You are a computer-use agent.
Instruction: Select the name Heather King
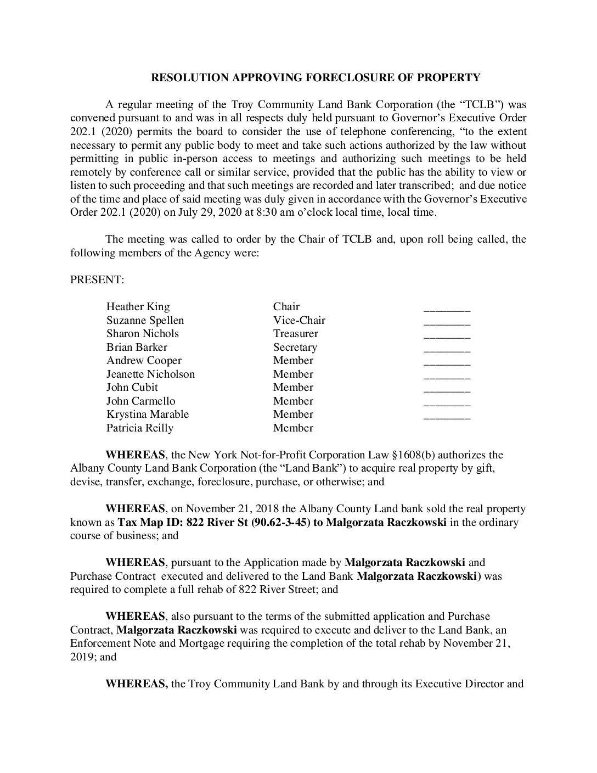tap(138, 306)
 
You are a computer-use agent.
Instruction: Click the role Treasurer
tap(295, 333)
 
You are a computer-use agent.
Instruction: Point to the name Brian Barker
tap(137, 347)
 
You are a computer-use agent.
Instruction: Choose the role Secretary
tap(295, 347)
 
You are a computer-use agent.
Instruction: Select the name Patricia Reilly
tap(140, 428)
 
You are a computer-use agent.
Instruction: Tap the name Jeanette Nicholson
tap(150, 374)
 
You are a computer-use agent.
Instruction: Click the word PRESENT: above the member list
tap(97, 280)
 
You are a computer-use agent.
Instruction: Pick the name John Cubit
tap(132, 387)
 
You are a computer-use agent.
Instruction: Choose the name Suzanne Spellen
tap(145, 320)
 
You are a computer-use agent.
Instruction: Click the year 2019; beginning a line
tap(82, 657)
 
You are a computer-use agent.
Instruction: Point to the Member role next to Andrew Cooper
tap(293, 360)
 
